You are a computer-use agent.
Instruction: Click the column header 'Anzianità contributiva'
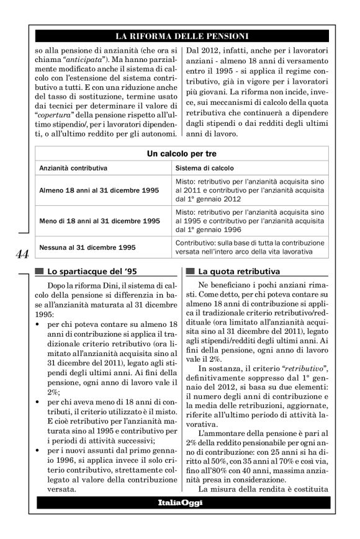point(74,168)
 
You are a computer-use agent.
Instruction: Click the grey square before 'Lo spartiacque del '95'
point(40,271)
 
